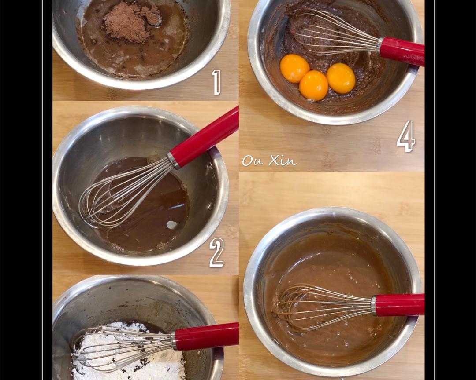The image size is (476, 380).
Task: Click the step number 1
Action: (216, 82)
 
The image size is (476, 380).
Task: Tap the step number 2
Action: (216, 252)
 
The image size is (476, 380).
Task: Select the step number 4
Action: (405, 136)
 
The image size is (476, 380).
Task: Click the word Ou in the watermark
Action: (253, 161)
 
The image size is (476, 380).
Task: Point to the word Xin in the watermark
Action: (283, 161)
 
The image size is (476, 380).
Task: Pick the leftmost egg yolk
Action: (294, 69)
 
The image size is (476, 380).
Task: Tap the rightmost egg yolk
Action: (341, 78)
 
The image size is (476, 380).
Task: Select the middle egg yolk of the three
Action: (313, 85)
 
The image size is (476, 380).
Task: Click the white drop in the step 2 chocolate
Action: (172, 225)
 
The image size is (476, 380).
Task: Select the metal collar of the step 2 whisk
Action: (174, 161)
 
